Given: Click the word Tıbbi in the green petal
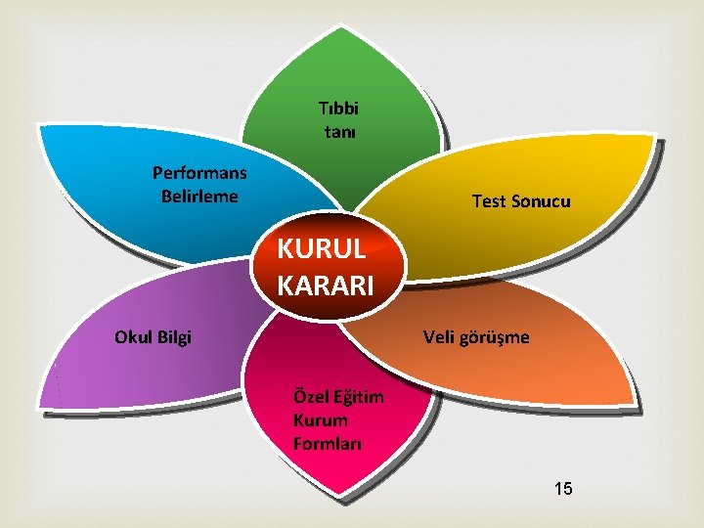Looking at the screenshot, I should click(x=338, y=108).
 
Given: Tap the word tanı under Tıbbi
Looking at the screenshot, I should click(x=339, y=129).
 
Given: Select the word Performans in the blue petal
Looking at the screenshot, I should click(x=199, y=173).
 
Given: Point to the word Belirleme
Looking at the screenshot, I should click(x=199, y=195).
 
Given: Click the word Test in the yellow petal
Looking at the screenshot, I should click(x=490, y=201).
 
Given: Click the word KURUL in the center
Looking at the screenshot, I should click(x=322, y=247).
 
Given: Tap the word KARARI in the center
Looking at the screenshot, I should click(x=325, y=286).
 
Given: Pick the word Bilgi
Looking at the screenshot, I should click(x=174, y=338).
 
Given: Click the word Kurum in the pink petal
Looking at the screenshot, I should click(x=320, y=420).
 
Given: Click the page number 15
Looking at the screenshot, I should click(x=563, y=487).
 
